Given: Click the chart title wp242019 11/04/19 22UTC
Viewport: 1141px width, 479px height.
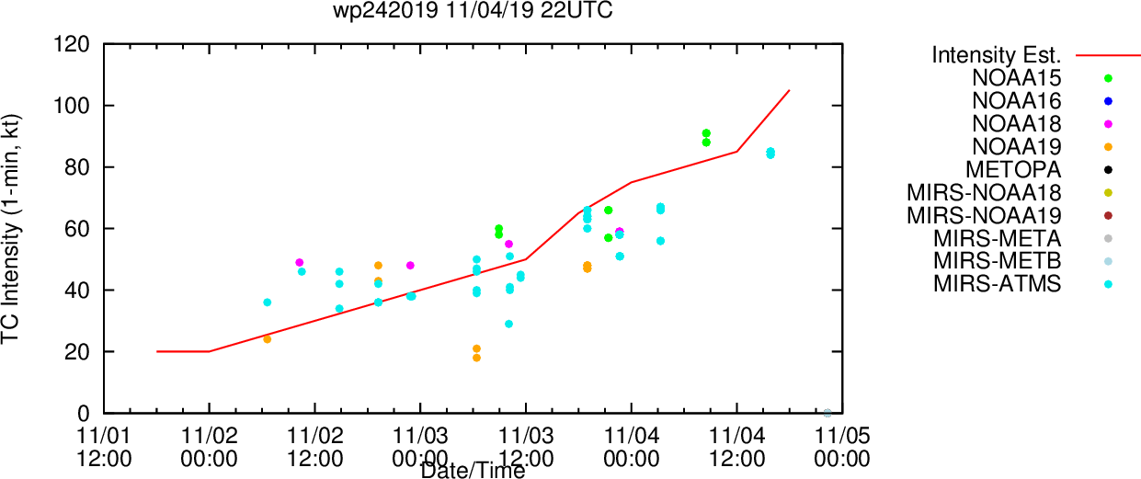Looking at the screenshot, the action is [473, 10].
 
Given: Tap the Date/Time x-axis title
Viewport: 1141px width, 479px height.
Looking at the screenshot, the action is [473, 471].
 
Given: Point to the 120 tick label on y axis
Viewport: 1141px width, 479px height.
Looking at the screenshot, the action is [72, 45].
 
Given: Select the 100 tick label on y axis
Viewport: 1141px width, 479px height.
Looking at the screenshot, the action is [72, 106].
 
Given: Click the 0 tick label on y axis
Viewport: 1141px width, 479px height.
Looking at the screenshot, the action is [84, 414].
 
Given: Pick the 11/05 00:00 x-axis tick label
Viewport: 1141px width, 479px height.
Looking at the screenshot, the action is [842, 448].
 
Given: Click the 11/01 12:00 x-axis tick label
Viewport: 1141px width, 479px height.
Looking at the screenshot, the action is [104, 448].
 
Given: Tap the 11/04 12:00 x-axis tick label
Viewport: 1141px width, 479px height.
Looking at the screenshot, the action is [737, 448].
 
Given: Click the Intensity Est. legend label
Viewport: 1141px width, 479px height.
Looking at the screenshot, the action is [997, 55].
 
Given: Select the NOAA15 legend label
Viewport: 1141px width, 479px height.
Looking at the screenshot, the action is [1017, 78].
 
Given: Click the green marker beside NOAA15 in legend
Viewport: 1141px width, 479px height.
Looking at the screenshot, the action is [1108, 78].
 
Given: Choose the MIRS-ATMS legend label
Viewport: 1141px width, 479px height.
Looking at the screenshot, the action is [998, 284].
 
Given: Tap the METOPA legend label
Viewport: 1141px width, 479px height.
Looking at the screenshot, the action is [1013, 170].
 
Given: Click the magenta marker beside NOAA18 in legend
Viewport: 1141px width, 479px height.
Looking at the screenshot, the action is [1108, 124].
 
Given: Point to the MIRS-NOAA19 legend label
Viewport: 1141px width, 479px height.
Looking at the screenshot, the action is [984, 215].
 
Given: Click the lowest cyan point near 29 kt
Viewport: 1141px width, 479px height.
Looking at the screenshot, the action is [508, 325].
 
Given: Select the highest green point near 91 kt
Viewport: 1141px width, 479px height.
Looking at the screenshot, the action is [706, 133].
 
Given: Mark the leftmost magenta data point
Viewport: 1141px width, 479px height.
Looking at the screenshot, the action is [300, 263].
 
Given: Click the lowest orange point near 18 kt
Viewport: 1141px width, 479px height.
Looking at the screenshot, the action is [477, 358].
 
